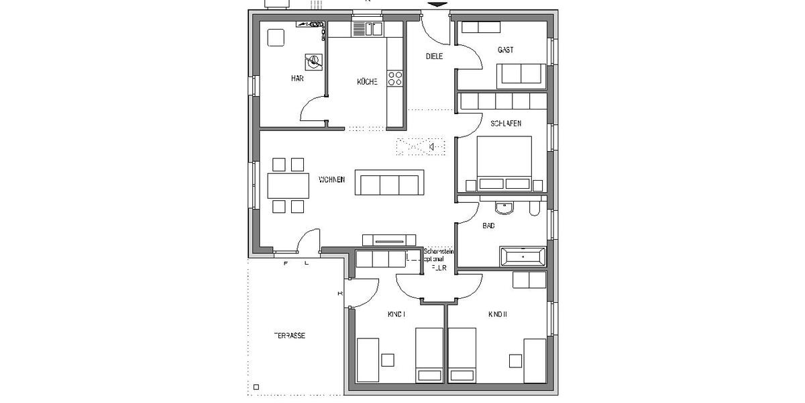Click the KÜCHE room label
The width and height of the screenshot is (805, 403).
point(367,82)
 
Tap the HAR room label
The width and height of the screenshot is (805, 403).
point(297,79)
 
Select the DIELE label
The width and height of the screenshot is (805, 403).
point(434,56)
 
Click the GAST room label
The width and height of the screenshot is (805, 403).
point(506,50)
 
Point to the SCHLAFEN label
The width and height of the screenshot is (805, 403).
point(506,124)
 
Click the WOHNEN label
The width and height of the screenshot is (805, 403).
point(332,179)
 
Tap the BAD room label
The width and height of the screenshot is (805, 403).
point(489,226)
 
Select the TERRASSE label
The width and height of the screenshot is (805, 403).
point(289,335)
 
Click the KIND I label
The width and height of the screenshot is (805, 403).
point(396,314)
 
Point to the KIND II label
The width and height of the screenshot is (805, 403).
point(497,314)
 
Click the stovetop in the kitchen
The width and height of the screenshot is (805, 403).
point(395,79)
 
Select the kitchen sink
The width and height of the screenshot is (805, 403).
point(367,29)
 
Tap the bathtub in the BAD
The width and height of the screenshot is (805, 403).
point(523,256)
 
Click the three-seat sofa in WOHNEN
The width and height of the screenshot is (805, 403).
point(389,183)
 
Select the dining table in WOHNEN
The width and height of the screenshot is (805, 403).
point(288,185)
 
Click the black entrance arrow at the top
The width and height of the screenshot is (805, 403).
point(437,5)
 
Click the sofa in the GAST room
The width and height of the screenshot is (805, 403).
point(521,75)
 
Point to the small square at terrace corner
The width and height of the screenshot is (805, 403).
point(256,386)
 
